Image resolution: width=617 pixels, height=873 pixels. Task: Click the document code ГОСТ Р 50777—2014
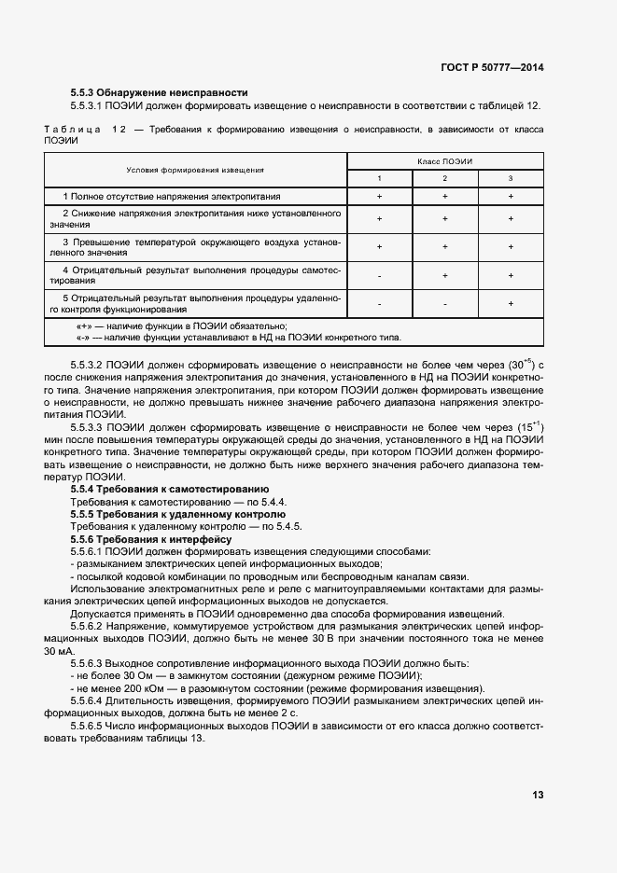(x=493, y=68)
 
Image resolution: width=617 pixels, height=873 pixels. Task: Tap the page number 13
(x=538, y=795)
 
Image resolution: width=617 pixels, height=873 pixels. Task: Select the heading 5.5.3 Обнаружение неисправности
(x=159, y=92)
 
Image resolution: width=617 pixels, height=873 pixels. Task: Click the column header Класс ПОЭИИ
(x=444, y=161)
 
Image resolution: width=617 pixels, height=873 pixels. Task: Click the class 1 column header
(x=379, y=178)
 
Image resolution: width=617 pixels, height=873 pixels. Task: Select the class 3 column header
(x=511, y=178)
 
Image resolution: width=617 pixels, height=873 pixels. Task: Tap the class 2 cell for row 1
(x=444, y=197)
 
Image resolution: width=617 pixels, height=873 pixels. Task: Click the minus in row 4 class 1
(x=379, y=276)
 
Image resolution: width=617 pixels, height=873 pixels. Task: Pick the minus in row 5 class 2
(x=444, y=304)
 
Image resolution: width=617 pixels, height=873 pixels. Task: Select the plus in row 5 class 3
(x=511, y=304)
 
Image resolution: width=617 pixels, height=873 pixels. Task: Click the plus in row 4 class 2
(x=444, y=276)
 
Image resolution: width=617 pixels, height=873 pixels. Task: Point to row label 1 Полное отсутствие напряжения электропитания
(x=172, y=197)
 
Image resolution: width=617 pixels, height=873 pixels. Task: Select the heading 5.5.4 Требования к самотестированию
(x=170, y=489)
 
